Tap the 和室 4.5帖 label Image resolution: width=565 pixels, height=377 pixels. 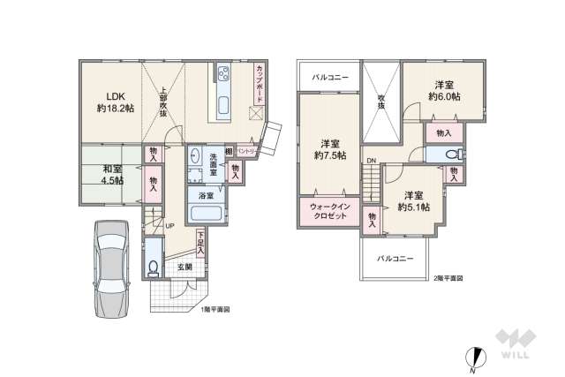[112, 175]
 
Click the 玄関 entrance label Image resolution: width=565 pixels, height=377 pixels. [185, 267]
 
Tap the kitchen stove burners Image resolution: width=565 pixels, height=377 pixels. [221, 73]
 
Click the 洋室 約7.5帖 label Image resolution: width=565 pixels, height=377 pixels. [333, 149]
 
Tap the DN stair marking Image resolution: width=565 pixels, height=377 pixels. [372, 161]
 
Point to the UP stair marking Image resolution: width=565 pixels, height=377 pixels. [169, 226]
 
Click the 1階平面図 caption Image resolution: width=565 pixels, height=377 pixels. [216, 309]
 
